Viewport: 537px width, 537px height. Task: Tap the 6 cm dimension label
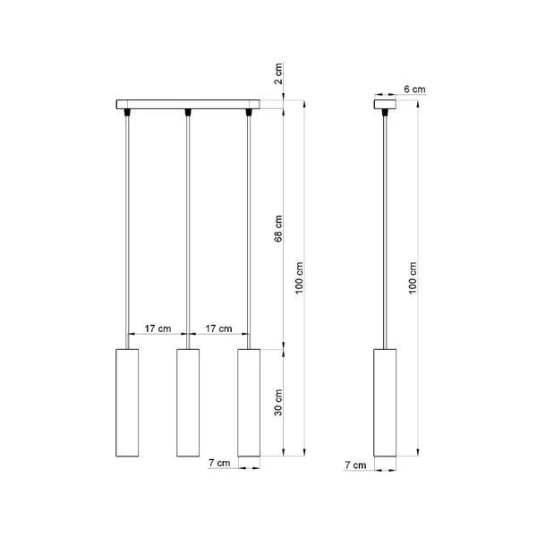(x=414, y=89)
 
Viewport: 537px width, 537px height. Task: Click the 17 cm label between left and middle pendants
(x=157, y=328)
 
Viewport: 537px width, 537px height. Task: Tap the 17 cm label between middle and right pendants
(x=218, y=328)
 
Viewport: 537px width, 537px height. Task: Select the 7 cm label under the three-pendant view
(x=218, y=463)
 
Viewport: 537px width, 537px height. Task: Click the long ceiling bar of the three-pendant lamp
(x=187, y=106)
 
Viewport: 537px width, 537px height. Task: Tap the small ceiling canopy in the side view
(x=386, y=106)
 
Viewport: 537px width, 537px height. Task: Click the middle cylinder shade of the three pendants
(x=187, y=402)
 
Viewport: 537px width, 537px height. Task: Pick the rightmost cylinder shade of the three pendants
(x=249, y=402)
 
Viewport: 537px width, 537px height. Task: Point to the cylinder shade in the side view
(x=386, y=402)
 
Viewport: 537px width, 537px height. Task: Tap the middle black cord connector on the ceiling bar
(x=187, y=113)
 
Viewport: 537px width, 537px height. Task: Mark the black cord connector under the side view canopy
(x=386, y=113)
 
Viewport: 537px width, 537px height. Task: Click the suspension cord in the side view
(x=386, y=224)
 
